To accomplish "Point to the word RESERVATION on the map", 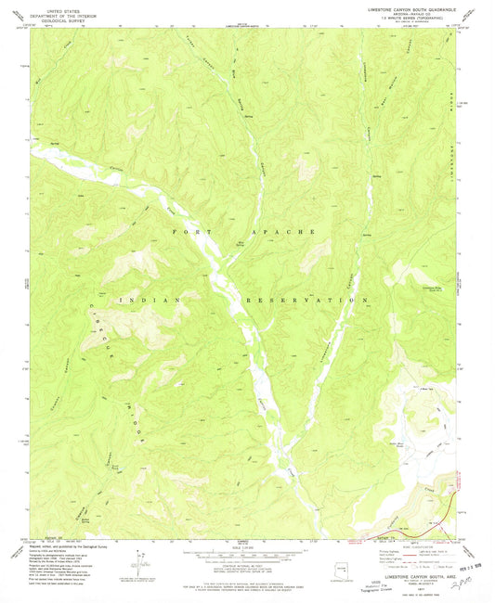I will pos(300,301).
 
